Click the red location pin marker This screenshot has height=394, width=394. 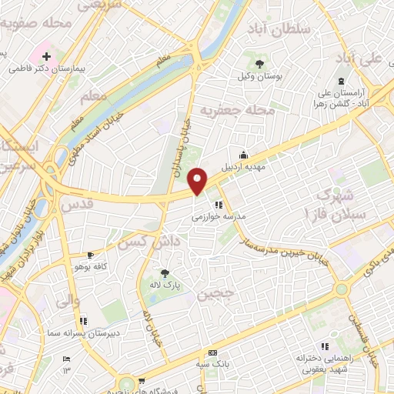(x=198, y=181)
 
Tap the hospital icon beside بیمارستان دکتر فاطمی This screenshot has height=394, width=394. (x=47, y=56)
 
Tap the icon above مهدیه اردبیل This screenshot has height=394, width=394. (x=243, y=153)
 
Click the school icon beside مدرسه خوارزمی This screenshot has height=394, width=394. (x=219, y=205)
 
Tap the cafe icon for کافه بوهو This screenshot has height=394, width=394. (x=91, y=255)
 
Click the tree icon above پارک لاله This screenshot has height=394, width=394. (x=163, y=272)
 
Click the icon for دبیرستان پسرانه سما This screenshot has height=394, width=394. (x=83, y=321)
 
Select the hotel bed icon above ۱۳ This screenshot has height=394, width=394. (x=66, y=359)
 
